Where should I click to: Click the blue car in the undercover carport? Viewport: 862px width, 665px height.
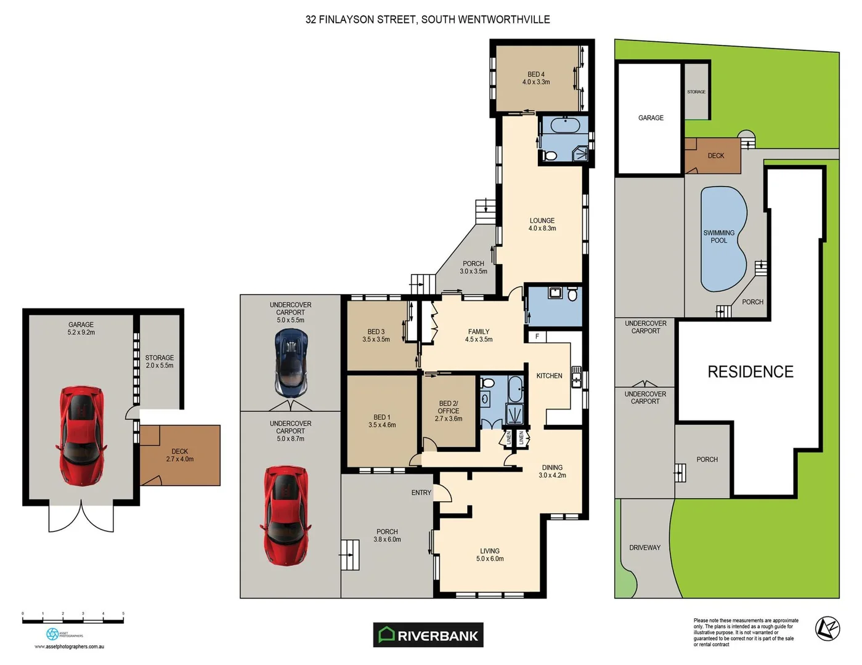pos(291,363)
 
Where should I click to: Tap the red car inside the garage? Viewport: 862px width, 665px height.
pos(81,436)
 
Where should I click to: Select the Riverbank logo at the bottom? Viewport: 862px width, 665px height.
pos(428,635)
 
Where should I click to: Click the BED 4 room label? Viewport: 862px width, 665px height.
pos(535,78)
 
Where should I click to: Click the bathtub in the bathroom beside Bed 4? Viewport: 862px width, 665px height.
pos(565,126)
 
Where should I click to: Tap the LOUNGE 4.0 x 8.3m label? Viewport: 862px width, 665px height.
pos(542,224)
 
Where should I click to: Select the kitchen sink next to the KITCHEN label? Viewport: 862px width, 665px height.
pos(576,376)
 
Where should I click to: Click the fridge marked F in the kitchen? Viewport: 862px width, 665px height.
pos(537,337)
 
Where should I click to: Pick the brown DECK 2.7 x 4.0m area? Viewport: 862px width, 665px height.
pos(181,455)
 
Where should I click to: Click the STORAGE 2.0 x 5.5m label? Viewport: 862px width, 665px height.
pos(159,361)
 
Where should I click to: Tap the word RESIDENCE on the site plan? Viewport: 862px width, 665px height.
pos(750,372)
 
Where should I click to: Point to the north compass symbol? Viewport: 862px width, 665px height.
pos(827,629)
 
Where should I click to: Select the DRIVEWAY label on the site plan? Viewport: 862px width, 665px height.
pos(644,547)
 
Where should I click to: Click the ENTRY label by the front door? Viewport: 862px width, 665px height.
pos(421,493)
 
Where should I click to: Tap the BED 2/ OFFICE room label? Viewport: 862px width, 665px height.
pos(448,411)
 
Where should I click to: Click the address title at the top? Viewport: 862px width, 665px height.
pos(428,19)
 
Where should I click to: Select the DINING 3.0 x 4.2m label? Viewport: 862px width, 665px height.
pos(551,471)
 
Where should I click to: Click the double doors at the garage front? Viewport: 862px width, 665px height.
pos(81,517)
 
